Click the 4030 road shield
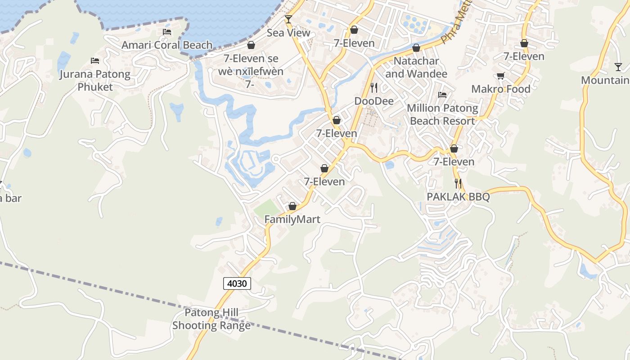pos(237,283)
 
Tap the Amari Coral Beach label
pos(167,45)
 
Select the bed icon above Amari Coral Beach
pos(167,32)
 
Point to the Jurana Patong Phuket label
pos(95,80)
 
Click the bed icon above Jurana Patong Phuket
pos(95,60)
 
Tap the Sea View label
pos(288,32)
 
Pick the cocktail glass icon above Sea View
pos(288,19)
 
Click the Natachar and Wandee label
pos(416,67)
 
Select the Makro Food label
pos(501,89)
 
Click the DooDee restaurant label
pos(374,101)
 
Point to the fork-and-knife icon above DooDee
pos(373,87)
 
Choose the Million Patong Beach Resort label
pos(442,114)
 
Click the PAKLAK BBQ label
pos(458,197)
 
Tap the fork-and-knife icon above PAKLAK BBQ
pos(458,183)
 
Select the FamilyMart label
pos(292,219)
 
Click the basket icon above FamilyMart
pos(292,206)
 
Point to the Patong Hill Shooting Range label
pos(211,319)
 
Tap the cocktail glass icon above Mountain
pos(618,67)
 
